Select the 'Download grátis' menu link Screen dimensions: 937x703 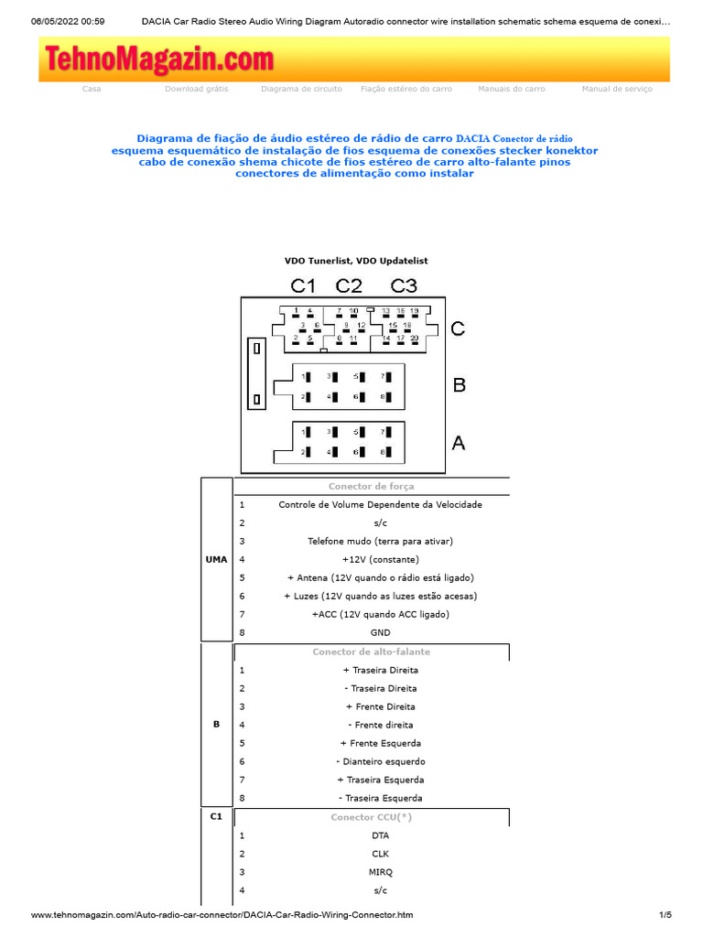pos(197,89)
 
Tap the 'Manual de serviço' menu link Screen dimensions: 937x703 pos(617,89)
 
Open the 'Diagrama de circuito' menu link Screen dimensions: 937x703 pos(301,89)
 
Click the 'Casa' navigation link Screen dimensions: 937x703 pos(92,89)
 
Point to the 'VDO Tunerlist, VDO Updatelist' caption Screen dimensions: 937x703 pos(356,261)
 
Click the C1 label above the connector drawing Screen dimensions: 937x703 pos(303,285)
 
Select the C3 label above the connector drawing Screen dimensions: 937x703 pos(404,285)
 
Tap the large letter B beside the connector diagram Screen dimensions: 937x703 pos(460,385)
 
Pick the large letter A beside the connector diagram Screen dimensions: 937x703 pos(459,443)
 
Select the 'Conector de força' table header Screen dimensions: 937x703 pos(371,487)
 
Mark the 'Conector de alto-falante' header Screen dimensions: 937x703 pos(371,652)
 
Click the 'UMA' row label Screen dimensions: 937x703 pos(216,559)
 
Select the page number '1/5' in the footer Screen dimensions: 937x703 pos(665,914)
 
